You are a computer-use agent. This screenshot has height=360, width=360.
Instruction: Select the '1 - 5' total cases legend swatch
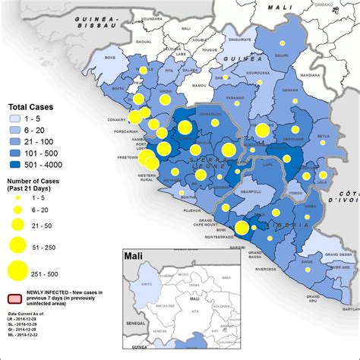[17, 119]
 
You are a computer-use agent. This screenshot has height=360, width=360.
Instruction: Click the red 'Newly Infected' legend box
[17, 301]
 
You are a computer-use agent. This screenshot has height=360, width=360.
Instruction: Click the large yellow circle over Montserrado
[242, 228]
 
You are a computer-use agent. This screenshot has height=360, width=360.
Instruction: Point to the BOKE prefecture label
[109, 58]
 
